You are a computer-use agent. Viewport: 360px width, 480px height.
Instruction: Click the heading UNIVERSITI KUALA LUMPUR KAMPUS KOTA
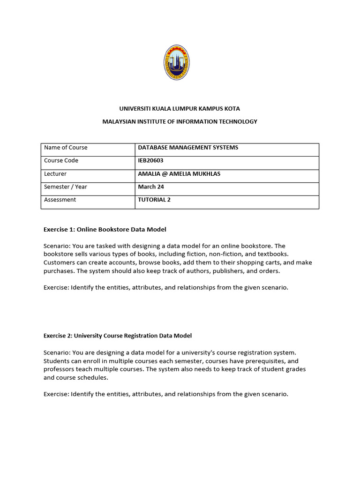180,108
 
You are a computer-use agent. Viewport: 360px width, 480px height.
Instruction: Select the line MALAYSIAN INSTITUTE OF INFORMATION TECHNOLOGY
180,121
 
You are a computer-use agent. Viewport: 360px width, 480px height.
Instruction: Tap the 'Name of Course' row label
66,147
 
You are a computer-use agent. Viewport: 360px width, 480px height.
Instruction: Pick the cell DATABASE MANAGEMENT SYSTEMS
188,147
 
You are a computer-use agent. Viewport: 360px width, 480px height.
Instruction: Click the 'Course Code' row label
61,160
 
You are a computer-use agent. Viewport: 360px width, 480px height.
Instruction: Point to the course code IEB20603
150,160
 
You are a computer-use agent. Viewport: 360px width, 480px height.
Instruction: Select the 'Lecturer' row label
55,173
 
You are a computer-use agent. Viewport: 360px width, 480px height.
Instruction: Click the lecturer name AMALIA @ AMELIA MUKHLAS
179,173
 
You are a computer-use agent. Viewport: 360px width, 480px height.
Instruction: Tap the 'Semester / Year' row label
66,187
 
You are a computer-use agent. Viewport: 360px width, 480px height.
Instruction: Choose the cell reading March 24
150,187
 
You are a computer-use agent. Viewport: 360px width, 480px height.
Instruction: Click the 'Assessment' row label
60,200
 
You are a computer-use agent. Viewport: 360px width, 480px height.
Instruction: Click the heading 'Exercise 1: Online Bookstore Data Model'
105,229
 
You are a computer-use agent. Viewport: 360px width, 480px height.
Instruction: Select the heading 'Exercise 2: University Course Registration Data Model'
118,336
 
